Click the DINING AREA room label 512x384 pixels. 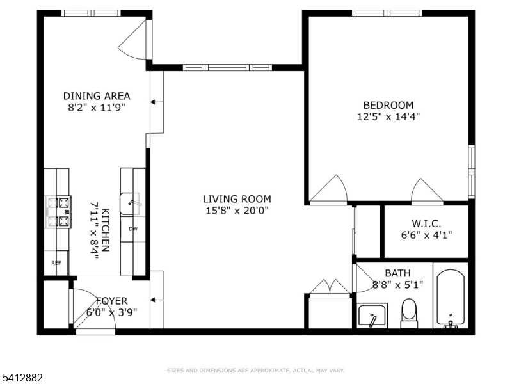97,96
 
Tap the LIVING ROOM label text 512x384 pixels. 237,199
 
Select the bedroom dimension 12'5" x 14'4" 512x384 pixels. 388,116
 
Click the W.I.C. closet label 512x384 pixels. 426,223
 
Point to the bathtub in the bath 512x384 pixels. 451,298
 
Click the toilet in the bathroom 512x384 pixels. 409,314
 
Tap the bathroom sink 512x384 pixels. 372,316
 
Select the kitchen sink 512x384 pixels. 131,204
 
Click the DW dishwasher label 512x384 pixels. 133,229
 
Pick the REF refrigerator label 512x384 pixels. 56,263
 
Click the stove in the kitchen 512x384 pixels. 58,212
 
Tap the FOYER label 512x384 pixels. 111,301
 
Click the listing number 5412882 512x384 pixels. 22,378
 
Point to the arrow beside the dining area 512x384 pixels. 157,102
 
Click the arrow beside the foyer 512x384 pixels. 157,300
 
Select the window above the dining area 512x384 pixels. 91,13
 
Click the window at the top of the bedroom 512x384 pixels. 387,13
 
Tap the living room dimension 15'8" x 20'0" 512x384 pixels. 237,211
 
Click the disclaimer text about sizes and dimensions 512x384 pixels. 255,371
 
